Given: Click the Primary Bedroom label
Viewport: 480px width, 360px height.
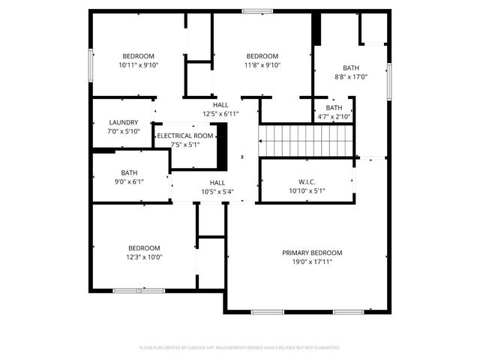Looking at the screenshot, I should click(x=312, y=253).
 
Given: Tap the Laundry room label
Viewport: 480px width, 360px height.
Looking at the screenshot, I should click(x=123, y=122).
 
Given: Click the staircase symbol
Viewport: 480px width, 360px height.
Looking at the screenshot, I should click(x=305, y=140).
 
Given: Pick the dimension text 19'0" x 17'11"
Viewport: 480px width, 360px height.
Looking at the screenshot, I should click(x=312, y=262).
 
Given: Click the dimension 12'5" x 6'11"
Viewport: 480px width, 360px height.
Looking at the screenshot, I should click(x=220, y=114).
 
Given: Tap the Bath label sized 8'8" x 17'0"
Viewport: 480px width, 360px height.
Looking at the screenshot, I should click(x=351, y=67).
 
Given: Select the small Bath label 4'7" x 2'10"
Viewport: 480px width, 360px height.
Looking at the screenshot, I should click(x=334, y=108).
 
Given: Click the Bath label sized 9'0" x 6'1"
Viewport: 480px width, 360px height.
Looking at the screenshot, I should click(x=129, y=172).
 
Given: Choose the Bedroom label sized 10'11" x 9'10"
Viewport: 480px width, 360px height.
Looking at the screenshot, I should click(x=139, y=56).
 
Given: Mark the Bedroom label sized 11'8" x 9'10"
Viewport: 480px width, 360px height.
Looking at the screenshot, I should click(x=262, y=56).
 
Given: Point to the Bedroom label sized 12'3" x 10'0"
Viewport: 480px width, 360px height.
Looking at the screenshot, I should click(x=143, y=248).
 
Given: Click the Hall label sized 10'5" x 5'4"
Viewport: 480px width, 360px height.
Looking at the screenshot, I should click(x=217, y=182).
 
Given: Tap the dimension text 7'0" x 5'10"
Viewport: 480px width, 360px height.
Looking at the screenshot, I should click(x=123, y=131).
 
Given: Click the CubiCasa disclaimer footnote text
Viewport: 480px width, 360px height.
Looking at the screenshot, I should click(x=240, y=348).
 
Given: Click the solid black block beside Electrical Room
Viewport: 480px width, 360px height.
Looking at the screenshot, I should click(x=222, y=146).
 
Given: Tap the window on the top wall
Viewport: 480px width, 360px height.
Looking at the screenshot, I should click(x=257, y=10).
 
